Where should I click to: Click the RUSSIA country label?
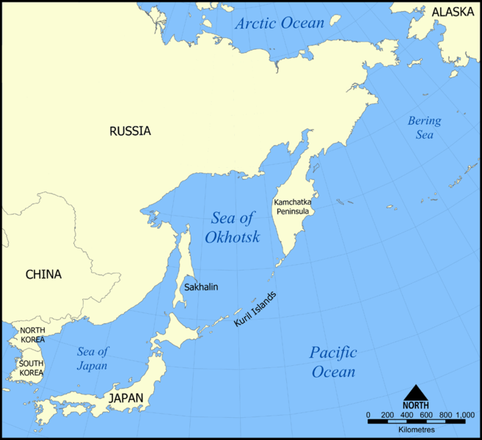pos(130,131)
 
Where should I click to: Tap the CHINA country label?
pos(43,274)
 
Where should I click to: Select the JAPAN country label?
pos(126,398)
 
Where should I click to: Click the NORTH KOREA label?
pos(32,335)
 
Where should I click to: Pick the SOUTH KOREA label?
pos(32,368)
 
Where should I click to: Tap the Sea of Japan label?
pos(92,359)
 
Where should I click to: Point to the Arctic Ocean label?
pos(280,23)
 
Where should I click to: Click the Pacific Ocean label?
pos(333,362)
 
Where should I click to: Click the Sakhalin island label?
pos(201,287)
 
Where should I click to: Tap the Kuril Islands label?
pos(255,309)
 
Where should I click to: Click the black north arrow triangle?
pos(415,392)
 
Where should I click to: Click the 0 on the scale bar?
pos(369,416)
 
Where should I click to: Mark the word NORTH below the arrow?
pos(415,404)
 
